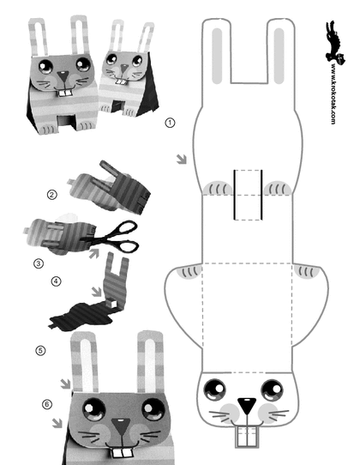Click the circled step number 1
click(x=170, y=123)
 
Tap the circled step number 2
click(x=51, y=195)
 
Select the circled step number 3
click(x=39, y=263)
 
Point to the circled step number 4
click(x=56, y=281)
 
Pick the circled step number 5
click(x=40, y=351)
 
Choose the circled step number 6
click(x=47, y=404)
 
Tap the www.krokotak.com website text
click(x=333, y=94)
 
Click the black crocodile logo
click(x=335, y=41)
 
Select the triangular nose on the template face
click(x=247, y=405)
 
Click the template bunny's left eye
click(x=215, y=390)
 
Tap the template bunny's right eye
click(x=272, y=390)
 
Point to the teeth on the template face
click(x=247, y=436)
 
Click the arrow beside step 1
click(x=182, y=159)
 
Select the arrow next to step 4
click(x=97, y=291)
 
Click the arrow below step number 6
click(x=57, y=423)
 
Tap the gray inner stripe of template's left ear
click(x=217, y=56)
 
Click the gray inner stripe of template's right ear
click(x=279, y=56)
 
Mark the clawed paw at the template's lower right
click(x=307, y=272)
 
